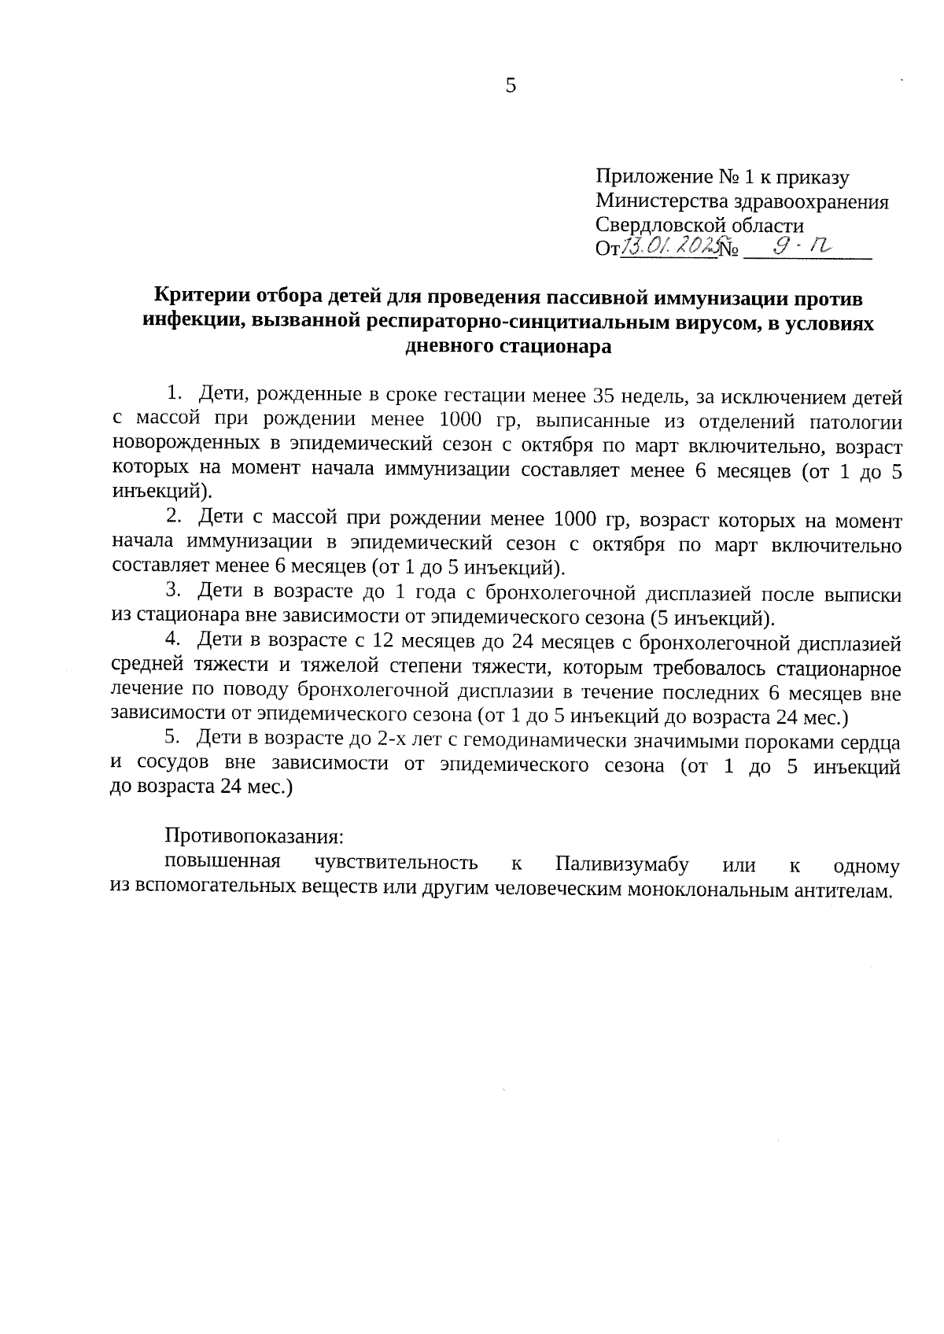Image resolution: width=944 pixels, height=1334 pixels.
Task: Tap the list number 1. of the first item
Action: (x=175, y=392)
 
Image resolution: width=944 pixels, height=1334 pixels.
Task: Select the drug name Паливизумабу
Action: (x=621, y=864)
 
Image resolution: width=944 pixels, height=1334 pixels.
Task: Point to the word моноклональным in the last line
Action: (x=715, y=890)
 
